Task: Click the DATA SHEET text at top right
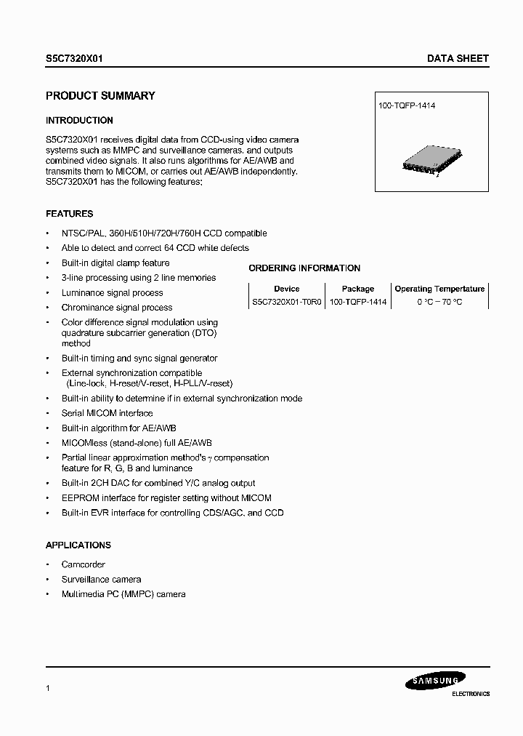click(x=458, y=59)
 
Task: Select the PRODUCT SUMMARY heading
click(x=100, y=96)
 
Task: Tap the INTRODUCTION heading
click(x=79, y=121)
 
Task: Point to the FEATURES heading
click(x=69, y=215)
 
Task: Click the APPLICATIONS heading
click(x=78, y=545)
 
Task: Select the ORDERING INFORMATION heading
click(x=304, y=268)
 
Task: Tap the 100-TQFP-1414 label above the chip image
click(x=407, y=106)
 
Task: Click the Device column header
click(x=286, y=289)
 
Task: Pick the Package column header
click(x=357, y=289)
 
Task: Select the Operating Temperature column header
click(x=439, y=289)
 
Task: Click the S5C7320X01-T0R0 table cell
click(x=286, y=302)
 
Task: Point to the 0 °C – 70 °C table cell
click(x=439, y=302)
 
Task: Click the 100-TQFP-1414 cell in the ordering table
click(x=357, y=302)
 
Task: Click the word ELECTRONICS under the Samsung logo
click(x=466, y=695)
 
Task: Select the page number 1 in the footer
click(x=48, y=687)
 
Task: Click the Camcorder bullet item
click(x=84, y=565)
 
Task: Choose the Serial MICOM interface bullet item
click(x=107, y=413)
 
